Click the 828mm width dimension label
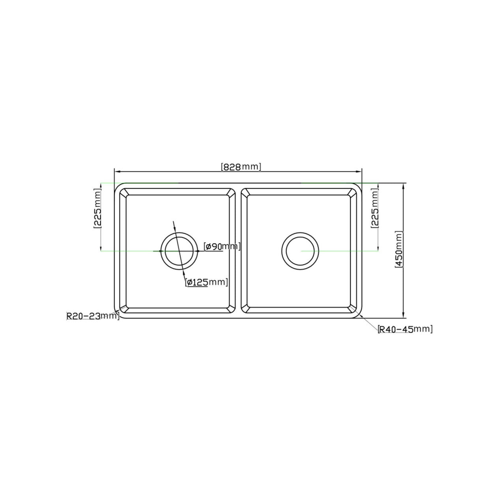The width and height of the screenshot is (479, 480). coord(241,167)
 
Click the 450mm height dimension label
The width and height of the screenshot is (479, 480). coord(399,250)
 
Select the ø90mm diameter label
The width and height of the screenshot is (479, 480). coord(222,247)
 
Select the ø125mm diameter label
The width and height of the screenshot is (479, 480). coord(206,282)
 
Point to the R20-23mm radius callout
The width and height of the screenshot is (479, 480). coord(93,316)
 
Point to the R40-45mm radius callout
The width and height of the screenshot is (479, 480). coord(405,329)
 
